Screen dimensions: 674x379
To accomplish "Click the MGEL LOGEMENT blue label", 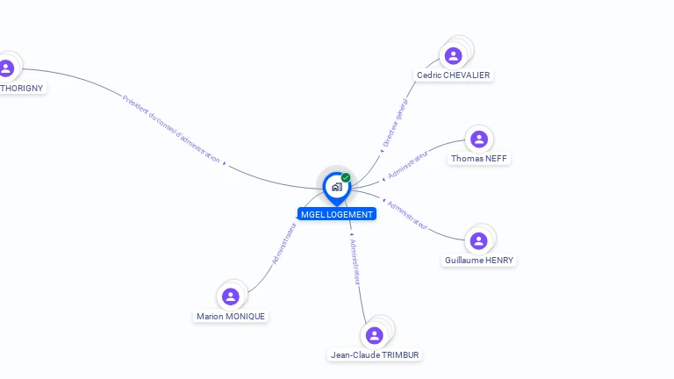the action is pos(337,214).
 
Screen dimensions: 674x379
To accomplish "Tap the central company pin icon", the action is pos(336,186).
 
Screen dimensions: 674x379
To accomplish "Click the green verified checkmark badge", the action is pos(346,177).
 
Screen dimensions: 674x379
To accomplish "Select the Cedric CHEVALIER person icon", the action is pos(453,56).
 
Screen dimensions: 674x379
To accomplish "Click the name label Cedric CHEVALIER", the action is pos(453,75).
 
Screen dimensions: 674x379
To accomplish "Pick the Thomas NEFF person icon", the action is pos(478,139).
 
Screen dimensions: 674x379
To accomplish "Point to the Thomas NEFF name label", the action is pos(478,159).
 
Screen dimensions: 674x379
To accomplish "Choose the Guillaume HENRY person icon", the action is pos(478,240).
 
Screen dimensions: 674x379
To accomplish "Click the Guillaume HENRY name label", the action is pos(479,261).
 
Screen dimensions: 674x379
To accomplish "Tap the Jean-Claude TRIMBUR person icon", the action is pos(375,335).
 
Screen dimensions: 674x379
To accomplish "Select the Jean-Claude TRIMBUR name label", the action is pos(375,355).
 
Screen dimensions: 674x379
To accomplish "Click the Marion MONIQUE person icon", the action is pos(231,297).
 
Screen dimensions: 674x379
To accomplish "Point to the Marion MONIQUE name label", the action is pos(231,317).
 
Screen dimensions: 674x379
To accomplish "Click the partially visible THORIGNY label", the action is pos(21,88).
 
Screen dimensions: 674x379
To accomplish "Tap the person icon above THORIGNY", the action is pos(7,68).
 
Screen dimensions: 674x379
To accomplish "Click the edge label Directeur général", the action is pos(396,123).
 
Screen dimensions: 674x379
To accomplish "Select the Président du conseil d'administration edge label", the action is pos(171,128).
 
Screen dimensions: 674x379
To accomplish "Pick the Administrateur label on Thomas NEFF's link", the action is pos(407,165).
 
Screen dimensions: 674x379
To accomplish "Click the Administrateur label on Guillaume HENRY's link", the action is pos(408,215).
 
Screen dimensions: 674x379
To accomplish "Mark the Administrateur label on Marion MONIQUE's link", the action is pos(284,243).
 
